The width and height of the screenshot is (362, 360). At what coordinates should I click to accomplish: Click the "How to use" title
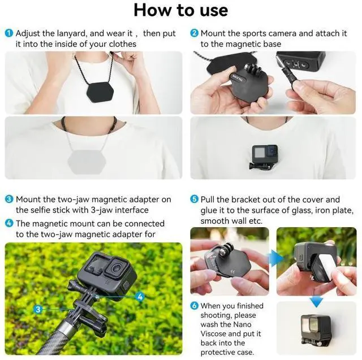pyautogui.click(x=181, y=10)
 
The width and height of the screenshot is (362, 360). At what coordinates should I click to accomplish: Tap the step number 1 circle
pyautogui.click(x=9, y=34)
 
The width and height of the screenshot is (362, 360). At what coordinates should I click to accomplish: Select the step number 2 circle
pyautogui.click(x=195, y=34)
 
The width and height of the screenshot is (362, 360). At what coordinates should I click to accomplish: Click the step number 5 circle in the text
pyautogui.click(x=195, y=199)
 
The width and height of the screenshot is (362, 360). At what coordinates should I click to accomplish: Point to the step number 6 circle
pyautogui.click(x=195, y=306)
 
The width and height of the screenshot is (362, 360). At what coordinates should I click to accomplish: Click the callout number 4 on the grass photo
pyautogui.click(x=140, y=296)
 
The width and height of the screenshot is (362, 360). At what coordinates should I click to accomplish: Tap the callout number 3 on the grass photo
pyautogui.click(x=38, y=309)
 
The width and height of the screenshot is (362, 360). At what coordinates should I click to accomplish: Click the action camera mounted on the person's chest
pyautogui.click(x=265, y=154)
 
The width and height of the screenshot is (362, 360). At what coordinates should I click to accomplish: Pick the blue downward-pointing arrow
pyautogui.click(x=320, y=301)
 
